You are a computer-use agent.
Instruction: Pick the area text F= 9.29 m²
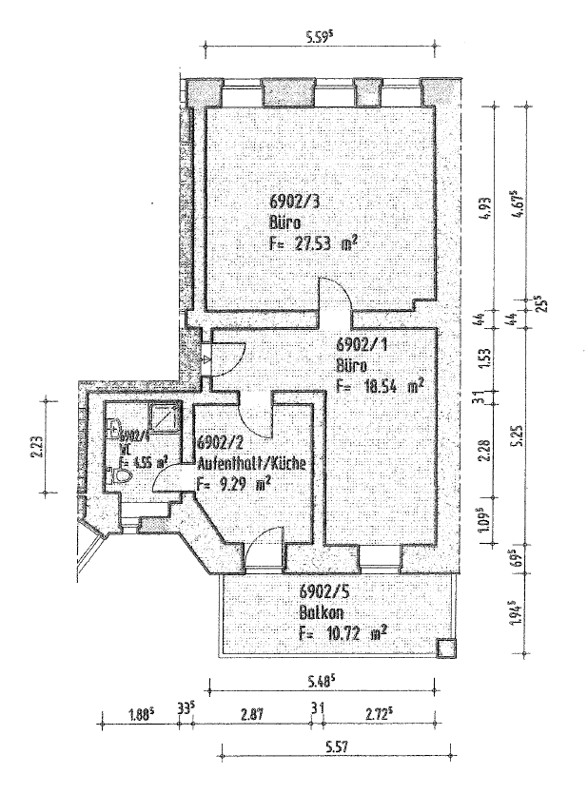[234, 483]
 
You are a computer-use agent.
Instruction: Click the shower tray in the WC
[163, 417]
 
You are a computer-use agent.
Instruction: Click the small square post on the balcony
[445, 648]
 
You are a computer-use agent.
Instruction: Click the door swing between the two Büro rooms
[335, 295]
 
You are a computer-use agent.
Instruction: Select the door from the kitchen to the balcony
[260, 547]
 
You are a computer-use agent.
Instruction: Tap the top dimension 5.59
[324, 39]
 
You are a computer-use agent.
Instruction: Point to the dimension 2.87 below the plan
[252, 711]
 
